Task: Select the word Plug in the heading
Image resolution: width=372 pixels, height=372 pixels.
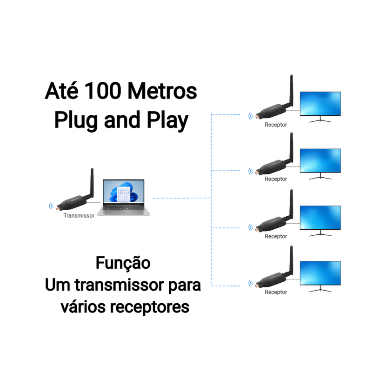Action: coord(75,120)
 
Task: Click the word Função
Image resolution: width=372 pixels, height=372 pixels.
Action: coord(123,263)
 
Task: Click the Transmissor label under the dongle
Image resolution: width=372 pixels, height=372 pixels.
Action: coord(79,216)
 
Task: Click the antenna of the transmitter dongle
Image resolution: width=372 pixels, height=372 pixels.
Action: coord(92,184)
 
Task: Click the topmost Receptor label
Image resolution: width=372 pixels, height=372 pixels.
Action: coord(276,125)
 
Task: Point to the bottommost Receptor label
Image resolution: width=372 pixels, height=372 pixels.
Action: coord(276,292)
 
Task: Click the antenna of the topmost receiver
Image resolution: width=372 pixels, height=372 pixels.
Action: coord(291,91)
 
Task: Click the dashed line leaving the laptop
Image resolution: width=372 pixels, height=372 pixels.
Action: coord(181,199)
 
